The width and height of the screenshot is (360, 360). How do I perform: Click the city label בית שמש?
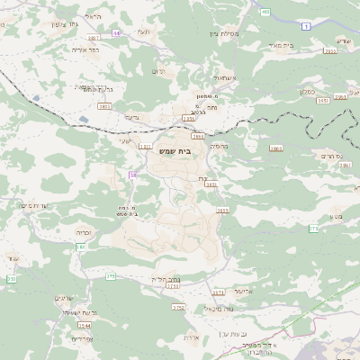pyautogui.click(x=180, y=151)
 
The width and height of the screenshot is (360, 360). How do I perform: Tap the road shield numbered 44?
pyautogui.click(x=116, y=32)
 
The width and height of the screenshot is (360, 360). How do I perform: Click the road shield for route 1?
pyautogui.click(x=306, y=27)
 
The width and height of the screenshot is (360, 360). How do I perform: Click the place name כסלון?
pyautogui.click(x=307, y=91)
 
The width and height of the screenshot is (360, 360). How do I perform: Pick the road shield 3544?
pyautogui.click(x=84, y=325)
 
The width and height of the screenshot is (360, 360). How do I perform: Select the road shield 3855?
pyautogui.click(x=222, y=211)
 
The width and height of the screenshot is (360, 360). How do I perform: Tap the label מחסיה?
pyautogui.click(x=219, y=145)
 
